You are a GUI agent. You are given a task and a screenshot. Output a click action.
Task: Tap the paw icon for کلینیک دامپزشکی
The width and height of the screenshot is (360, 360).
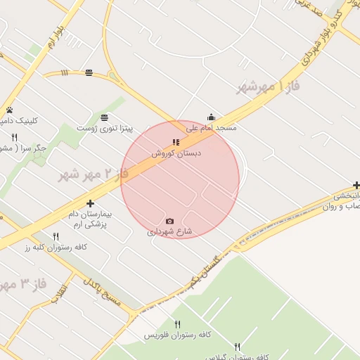tap(10, 110)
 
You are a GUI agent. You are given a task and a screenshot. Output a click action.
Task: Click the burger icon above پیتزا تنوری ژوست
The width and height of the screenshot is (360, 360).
tap(104, 117)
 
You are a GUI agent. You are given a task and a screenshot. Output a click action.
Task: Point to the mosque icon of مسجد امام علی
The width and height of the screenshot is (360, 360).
tap(211, 117)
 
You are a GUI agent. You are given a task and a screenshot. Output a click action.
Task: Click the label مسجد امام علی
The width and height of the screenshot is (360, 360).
tap(212, 129)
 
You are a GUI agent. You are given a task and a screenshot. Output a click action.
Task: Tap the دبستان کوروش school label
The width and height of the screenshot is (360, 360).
tap(172, 153)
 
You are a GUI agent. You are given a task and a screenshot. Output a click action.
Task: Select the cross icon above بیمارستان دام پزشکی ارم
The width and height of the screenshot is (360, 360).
tap(90, 203)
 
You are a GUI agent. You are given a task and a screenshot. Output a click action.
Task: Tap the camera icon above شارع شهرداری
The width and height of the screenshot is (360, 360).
tap(169, 221)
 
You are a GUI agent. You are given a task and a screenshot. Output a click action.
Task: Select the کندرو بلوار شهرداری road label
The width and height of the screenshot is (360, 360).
tap(318, 35)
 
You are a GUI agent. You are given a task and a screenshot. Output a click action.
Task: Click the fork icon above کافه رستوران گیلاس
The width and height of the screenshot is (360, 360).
tap(237, 347)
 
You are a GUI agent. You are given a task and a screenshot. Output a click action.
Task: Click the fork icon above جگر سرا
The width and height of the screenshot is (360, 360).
tap(14, 137)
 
